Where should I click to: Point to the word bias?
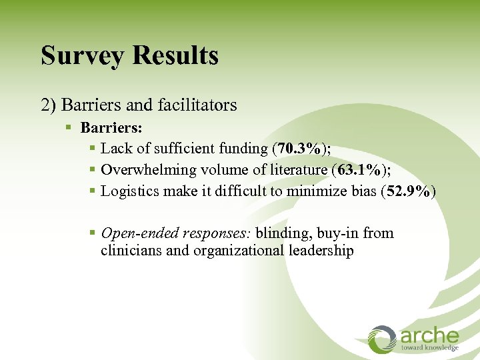[x=363, y=191]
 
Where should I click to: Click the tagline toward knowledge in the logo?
[x=429, y=347]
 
